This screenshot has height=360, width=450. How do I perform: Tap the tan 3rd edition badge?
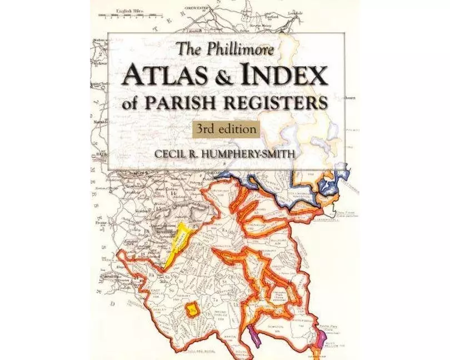[225, 128]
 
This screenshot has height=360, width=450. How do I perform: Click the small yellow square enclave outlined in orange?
[193, 310]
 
